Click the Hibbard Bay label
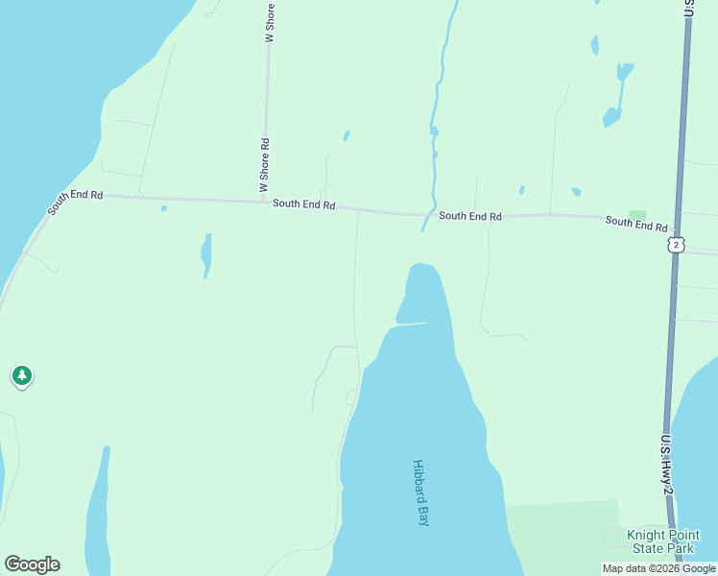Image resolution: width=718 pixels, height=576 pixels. (420, 492)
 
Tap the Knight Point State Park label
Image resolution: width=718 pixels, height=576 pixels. (662, 541)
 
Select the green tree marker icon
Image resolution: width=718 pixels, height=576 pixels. (22, 375)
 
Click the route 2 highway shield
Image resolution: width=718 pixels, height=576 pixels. (677, 246)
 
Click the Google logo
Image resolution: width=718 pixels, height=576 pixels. (32, 564)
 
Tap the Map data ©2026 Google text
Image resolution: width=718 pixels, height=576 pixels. (659, 568)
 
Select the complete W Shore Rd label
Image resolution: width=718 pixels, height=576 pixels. (264, 165)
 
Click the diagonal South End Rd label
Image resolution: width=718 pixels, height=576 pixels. (75, 202)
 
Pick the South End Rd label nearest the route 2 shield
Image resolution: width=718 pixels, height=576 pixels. (635, 223)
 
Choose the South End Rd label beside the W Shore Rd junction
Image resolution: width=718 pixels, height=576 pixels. (303, 204)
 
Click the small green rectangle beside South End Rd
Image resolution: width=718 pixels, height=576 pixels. (637, 214)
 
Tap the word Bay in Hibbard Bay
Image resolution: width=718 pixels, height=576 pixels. (422, 515)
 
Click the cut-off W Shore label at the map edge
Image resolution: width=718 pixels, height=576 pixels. (270, 20)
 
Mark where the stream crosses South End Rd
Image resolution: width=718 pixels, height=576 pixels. (427, 214)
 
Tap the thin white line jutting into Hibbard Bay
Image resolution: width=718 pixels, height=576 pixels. (410, 324)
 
